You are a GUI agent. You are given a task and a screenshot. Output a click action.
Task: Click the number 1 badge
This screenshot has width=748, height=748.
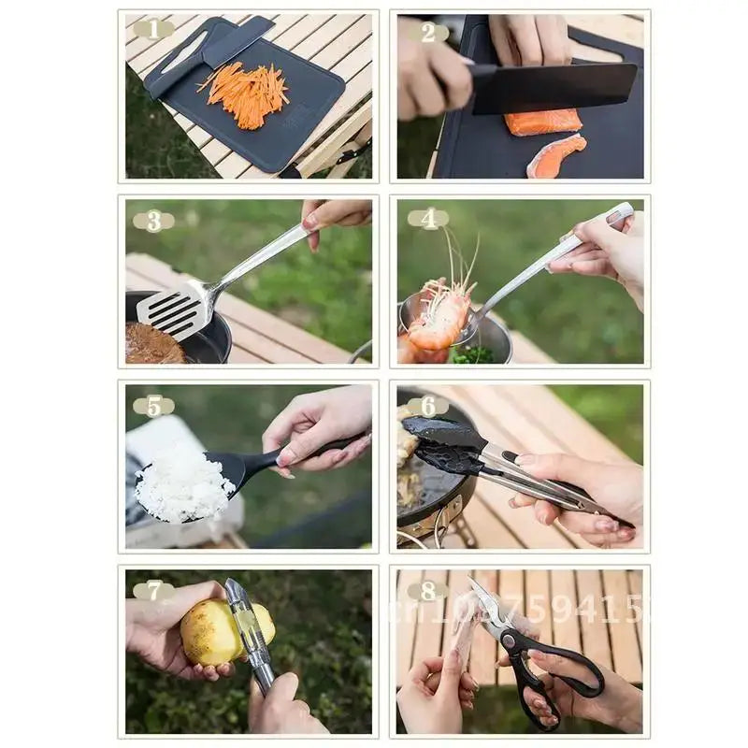pos(153,29)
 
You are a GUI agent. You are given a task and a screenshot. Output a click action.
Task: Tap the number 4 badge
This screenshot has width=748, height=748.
pos(428,219)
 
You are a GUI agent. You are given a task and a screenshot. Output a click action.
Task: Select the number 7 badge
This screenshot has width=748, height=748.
pos(153,591)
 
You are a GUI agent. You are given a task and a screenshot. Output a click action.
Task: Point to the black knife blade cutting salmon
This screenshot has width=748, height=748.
pos(552,87)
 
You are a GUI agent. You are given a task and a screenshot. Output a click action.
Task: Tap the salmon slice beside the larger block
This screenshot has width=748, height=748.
pos(555,156)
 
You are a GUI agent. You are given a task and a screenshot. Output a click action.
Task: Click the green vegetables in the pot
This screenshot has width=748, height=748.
pos(473,355)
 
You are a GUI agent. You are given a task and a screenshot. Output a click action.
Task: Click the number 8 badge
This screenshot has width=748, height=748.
pos(428,591)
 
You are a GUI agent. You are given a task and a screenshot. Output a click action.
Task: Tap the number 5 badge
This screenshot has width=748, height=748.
pos(153,406)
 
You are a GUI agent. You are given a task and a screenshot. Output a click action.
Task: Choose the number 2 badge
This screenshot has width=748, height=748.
pos(428,31)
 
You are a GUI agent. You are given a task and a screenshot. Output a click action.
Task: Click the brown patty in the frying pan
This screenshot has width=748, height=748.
pos(153,345)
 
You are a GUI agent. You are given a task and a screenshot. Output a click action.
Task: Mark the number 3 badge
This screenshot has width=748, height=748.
pos(153,222)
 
